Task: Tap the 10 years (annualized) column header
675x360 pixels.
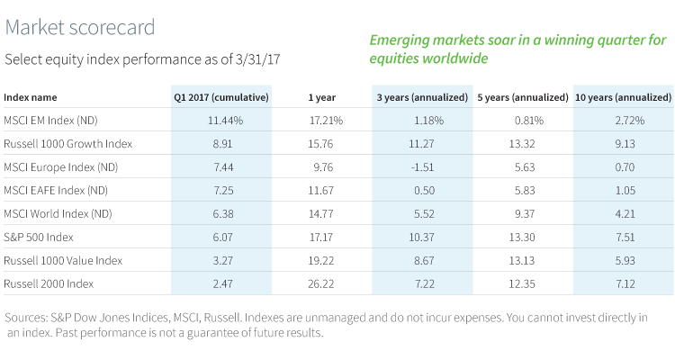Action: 621,96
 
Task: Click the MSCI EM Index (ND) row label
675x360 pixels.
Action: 50,120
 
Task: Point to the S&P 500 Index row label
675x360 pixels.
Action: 40,237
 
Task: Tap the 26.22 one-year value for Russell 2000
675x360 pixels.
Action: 322,283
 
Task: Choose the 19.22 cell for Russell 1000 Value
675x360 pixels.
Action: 322,260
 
